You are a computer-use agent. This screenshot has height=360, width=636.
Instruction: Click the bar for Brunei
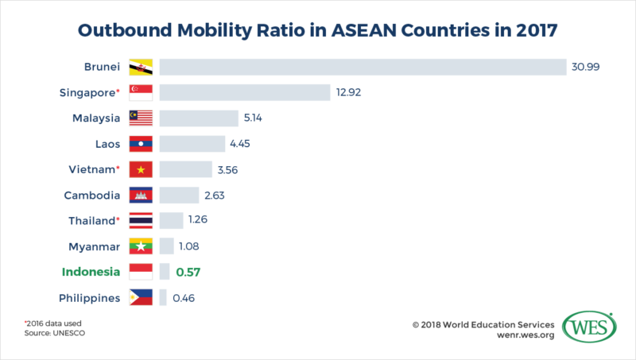[362, 67]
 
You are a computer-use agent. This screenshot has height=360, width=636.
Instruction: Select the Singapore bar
[245, 93]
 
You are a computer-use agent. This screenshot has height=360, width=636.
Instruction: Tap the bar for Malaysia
[199, 118]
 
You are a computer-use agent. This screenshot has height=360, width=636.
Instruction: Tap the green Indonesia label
[91, 272]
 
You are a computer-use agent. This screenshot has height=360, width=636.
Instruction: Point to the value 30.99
[585, 67]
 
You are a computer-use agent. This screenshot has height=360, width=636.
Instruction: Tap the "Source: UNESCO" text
[55, 335]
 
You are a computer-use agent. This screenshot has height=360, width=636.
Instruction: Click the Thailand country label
[89, 221]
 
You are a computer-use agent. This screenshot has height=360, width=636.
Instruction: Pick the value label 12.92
[350, 93]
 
